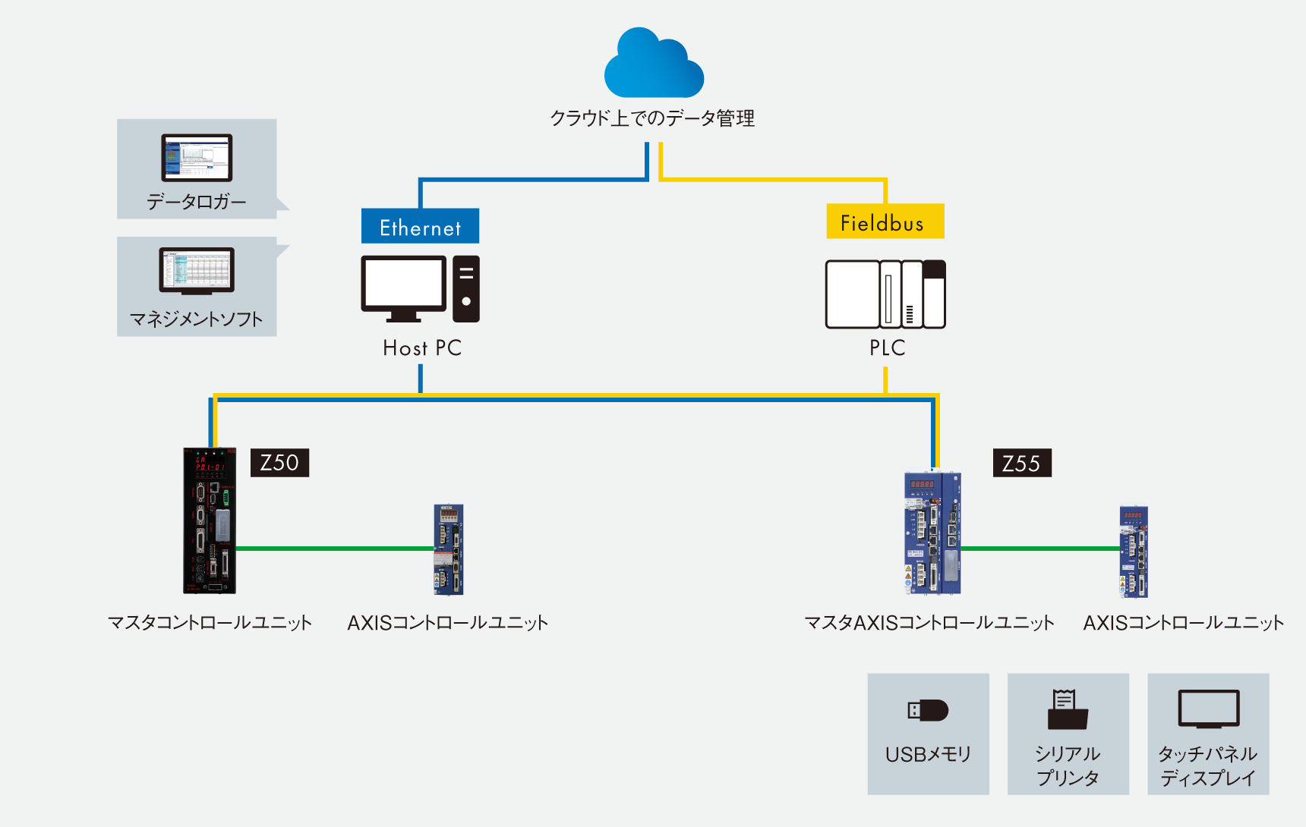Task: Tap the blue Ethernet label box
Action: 420,226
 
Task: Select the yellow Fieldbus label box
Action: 885,222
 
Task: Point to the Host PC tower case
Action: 466,288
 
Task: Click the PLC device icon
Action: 885,294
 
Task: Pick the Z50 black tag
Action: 279,463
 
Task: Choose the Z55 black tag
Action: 1022,464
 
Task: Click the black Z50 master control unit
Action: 210,520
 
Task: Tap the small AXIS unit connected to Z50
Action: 449,549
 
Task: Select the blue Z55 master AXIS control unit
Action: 932,533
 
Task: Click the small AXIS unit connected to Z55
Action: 1134,552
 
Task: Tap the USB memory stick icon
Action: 928,710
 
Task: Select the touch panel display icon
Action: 1208,709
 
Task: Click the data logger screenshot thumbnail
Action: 197,157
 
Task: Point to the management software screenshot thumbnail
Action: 197,270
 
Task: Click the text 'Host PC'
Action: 422,348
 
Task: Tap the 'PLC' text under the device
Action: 887,348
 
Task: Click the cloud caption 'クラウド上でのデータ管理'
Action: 652,118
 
